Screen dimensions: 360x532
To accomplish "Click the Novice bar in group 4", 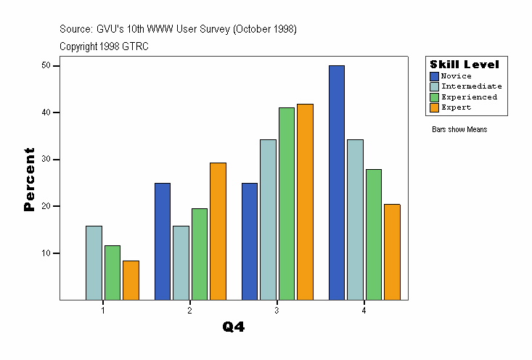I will tap(337, 182).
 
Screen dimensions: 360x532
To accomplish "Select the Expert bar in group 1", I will tap(131, 280).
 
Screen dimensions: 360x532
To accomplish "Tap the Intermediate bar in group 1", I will tap(94, 263).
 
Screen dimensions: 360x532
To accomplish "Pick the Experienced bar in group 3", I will tap(287, 203).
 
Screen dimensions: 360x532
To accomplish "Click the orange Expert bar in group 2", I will tap(218, 231).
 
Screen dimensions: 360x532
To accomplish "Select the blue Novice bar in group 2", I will tap(163, 241).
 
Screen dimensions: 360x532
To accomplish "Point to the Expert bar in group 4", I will tap(392, 252).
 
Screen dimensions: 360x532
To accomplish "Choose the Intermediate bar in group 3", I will tap(269, 219).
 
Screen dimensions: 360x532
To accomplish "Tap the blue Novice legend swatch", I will tap(435, 76).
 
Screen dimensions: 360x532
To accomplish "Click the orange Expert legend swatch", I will tap(435, 107).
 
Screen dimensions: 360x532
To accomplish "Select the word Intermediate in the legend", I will tap(471, 86).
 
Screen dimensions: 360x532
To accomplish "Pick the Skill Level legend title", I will tap(465, 65).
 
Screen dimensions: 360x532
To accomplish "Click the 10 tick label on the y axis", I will tap(46, 253).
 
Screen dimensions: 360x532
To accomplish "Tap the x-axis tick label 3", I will tap(277, 311).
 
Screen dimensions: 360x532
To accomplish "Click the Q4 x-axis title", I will tap(234, 327).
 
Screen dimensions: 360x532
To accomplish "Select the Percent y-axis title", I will tap(29, 179).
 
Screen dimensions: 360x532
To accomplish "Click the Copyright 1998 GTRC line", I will tap(105, 46).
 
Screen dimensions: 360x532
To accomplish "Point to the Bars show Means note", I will tap(459, 130).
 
